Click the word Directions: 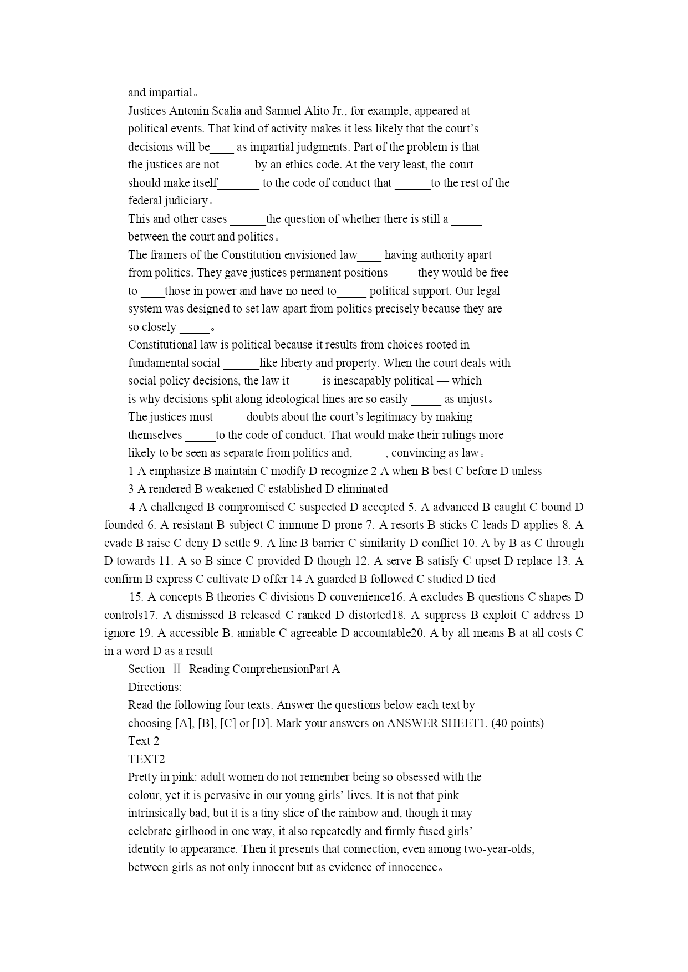[155, 687]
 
